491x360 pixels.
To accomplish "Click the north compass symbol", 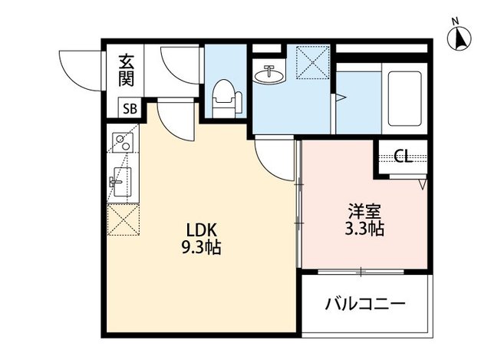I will pos(460,37).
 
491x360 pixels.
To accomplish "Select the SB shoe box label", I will pos(128,109).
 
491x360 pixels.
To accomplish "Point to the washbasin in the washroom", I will pos(268,75).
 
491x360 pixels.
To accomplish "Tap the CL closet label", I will pos(401,157).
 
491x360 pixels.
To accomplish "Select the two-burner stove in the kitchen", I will pos(122,144).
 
